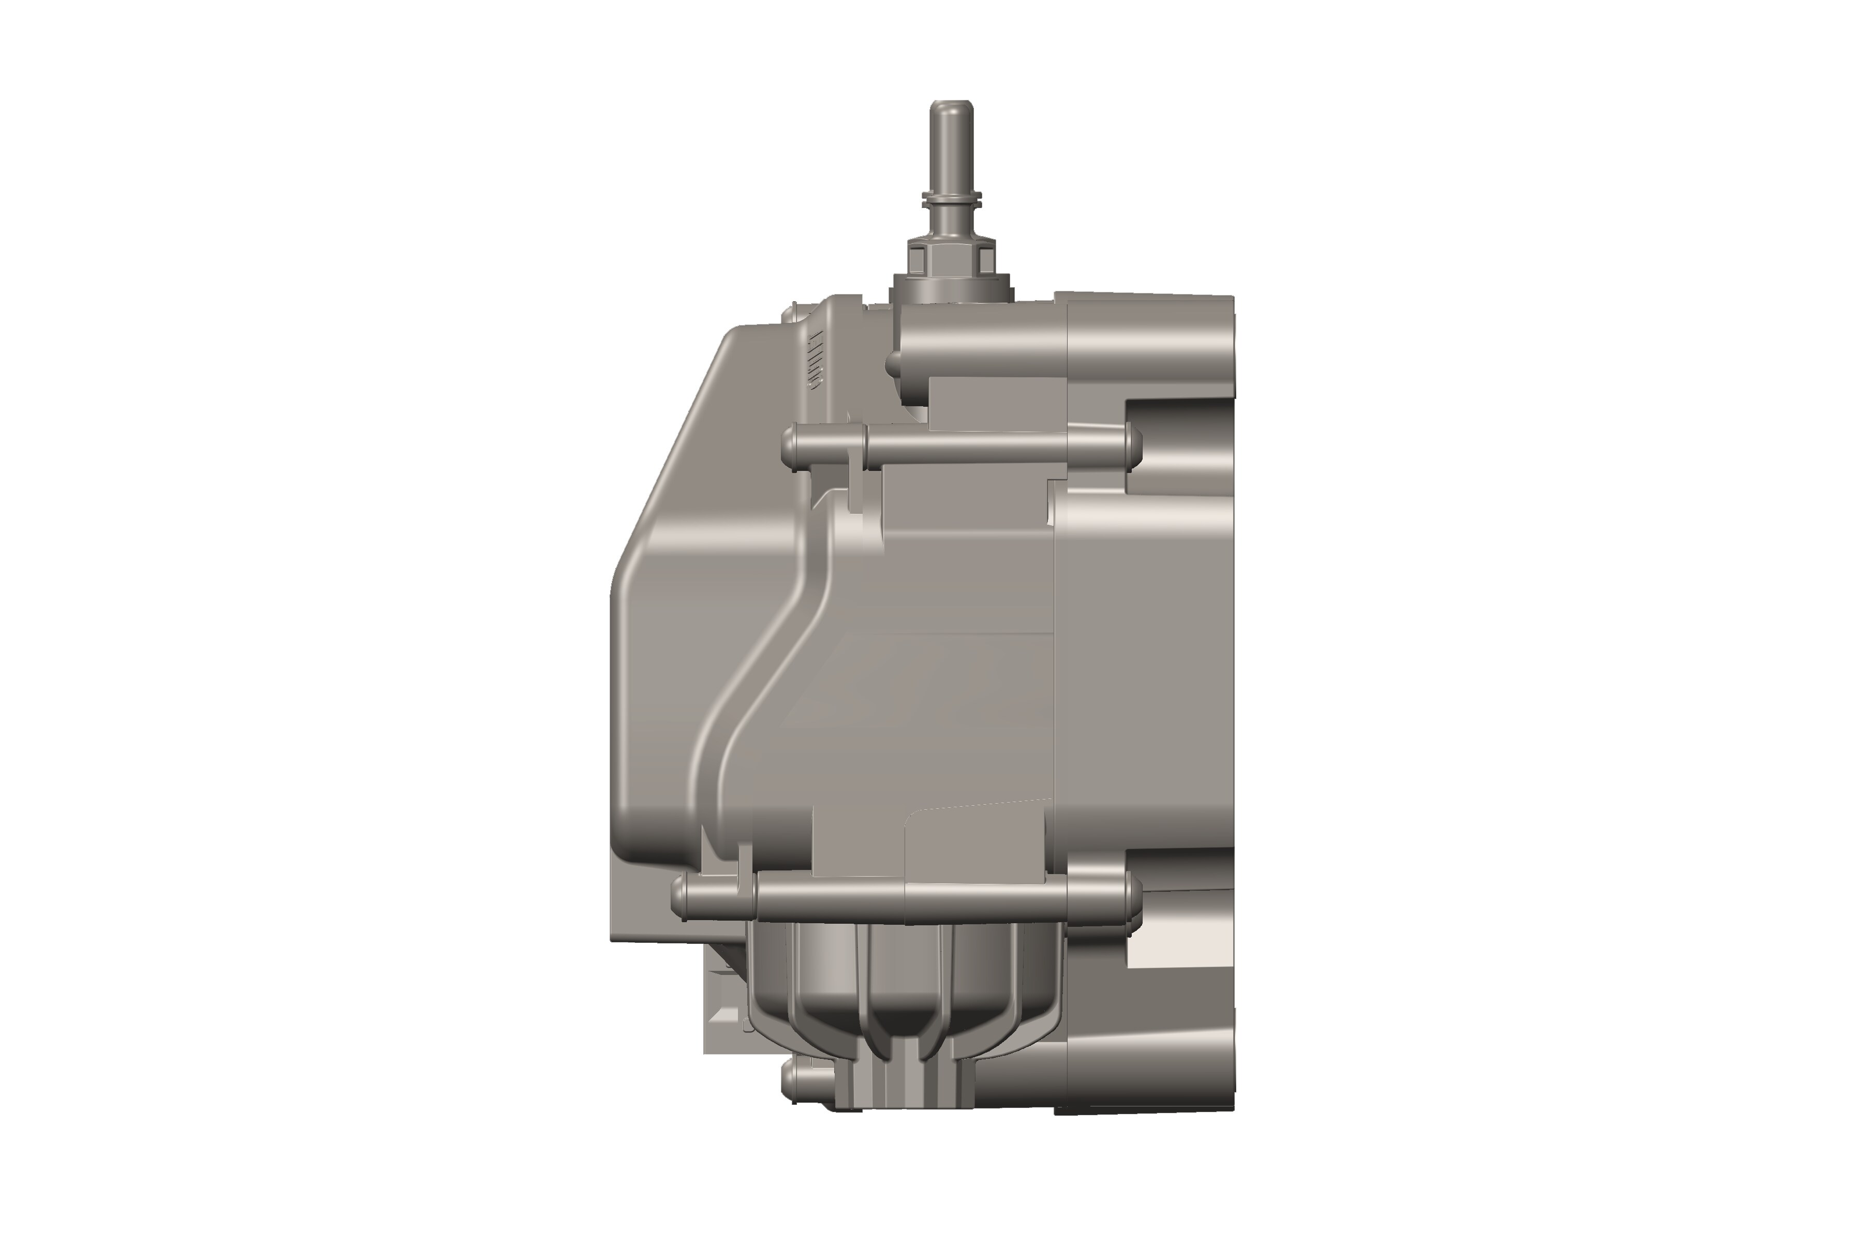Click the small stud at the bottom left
click(792, 1081)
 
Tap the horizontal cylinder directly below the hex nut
click(982, 348)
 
